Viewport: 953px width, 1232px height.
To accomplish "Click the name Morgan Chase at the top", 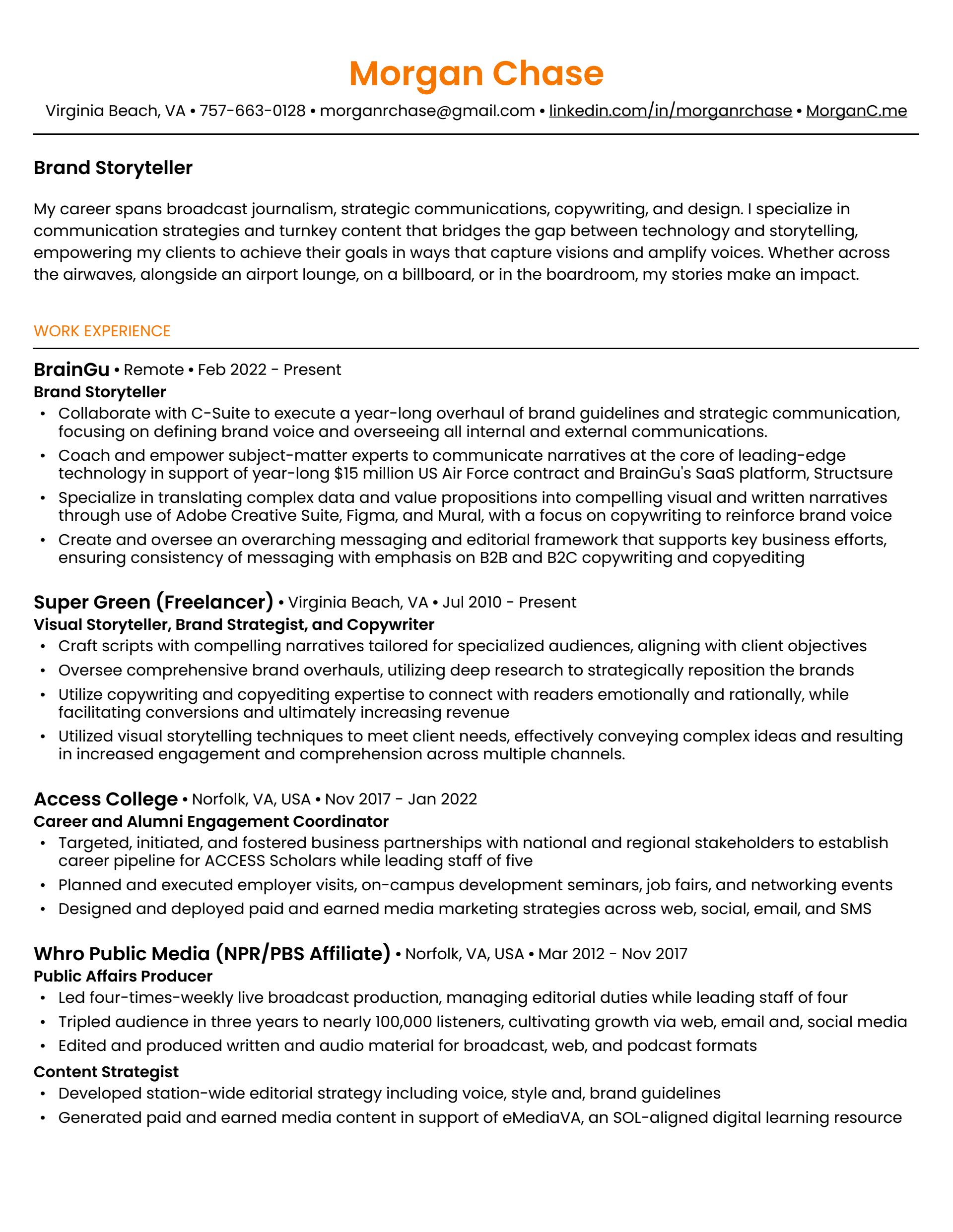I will pos(476,73).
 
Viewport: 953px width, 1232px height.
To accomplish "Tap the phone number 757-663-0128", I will pos(252,111).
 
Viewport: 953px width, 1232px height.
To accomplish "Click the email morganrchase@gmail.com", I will pos(427,111).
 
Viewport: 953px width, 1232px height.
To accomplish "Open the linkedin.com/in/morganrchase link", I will pos(670,111).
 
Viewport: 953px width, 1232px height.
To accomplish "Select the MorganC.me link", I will pos(856,111).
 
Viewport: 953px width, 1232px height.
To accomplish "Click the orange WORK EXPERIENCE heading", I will pos(102,331).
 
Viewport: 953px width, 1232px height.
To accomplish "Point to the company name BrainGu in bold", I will pos(71,370).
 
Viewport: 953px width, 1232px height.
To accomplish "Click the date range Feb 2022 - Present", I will pos(270,370).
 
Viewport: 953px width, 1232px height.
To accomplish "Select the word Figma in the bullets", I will pos(367,516).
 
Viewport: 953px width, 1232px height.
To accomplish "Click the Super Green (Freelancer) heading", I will pos(153,602).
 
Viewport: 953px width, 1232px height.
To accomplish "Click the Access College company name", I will pos(106,799).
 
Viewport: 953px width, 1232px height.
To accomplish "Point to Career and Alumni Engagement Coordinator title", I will pos(210,821).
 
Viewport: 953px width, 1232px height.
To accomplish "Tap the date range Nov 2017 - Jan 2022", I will pos(401,800).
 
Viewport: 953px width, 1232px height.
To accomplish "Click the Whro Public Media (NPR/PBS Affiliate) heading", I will pos(212,953).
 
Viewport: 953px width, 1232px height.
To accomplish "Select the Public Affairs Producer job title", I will pos(123,976).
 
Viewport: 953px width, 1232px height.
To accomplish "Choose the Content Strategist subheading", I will pos(106,1072).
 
